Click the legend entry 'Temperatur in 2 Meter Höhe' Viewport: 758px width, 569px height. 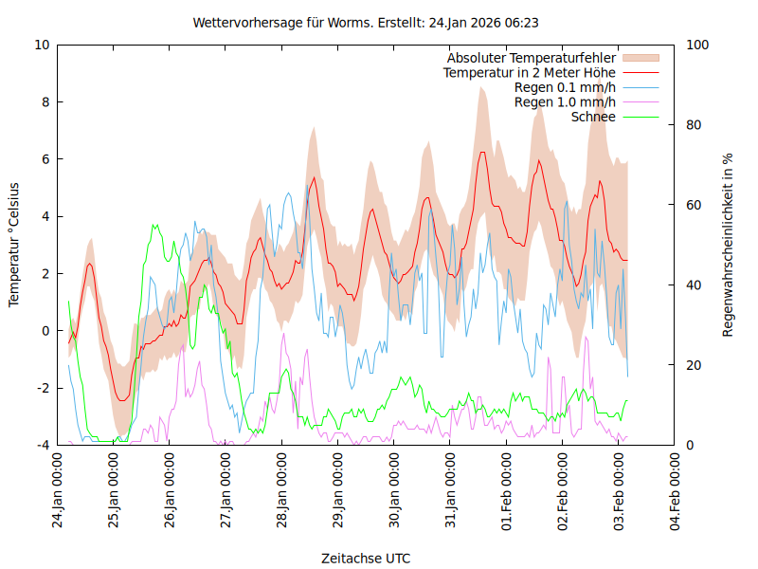(x=530, y=73)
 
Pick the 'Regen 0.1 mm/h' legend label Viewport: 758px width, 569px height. (x=565, y=87)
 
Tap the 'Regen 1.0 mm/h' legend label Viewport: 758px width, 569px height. (x=565, y=102)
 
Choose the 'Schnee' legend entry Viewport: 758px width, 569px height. (x=594, y=117)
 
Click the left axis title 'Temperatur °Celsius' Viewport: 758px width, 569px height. (x=14, y=245)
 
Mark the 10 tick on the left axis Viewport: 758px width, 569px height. (x=42, y=45)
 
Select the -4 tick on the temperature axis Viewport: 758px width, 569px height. (x=43, y=445)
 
